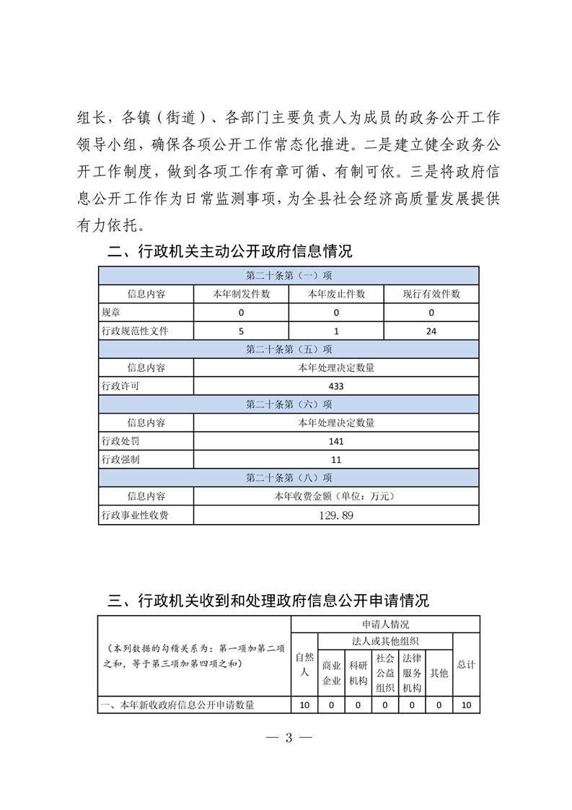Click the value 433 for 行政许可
coord(335,386)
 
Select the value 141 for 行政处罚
coord(335,441)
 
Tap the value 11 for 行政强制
coord(335,459)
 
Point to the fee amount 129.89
coord(335,515)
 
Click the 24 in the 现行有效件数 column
coord(431,331)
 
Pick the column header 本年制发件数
coord(241,294)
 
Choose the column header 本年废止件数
coord(336,294)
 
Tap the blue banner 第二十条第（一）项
coord(289,276)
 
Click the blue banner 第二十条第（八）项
coord(289,478)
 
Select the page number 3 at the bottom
coord(288,738)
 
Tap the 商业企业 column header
coord(331,672)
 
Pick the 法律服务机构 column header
coord(411,672)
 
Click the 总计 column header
coord(466,664)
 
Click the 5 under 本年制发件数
coord(241,331)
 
